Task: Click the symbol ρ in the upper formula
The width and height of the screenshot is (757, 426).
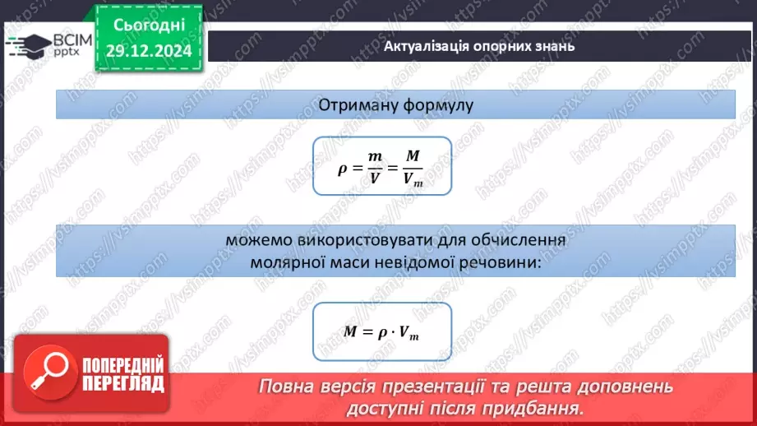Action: click(343, 169)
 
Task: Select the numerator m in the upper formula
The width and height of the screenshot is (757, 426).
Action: click(376, 156)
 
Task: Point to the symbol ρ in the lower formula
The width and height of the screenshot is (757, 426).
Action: click(383, 332)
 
